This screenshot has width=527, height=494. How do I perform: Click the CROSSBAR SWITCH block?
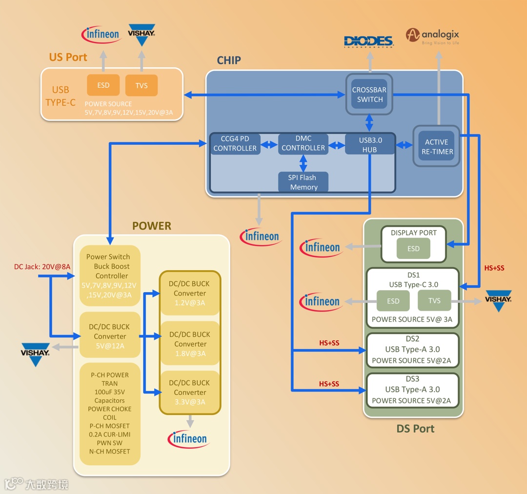click(369, 94)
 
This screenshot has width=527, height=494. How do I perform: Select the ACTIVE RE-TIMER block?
click(436, 146)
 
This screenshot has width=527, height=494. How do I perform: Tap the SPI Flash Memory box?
click(304, 182)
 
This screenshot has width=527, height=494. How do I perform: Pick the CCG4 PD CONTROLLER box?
click(235, 143)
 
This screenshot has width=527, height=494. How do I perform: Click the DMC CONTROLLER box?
click(303, 143)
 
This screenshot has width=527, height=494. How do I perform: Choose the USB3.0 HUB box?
click(369, 144)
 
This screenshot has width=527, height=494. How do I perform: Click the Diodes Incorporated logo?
click(368, 41)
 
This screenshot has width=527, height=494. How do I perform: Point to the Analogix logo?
click(433, 36)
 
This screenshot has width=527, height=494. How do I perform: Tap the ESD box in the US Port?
click(103, 85)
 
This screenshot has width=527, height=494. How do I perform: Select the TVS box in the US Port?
click(142, 85)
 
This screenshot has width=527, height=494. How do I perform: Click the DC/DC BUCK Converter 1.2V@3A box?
click(190, 293)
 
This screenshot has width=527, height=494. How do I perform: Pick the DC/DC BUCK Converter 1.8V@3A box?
click(190, 344)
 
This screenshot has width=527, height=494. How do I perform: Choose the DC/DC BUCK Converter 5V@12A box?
click(110, 336)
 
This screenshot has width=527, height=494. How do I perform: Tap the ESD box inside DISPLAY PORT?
click(413, 249)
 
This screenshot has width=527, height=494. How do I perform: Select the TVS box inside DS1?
click(434, 301)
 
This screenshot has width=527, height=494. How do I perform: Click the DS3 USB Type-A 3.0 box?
click(412, 389)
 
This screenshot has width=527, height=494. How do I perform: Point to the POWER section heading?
click(152, 226)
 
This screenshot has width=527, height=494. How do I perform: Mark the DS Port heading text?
click(415, 429)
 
